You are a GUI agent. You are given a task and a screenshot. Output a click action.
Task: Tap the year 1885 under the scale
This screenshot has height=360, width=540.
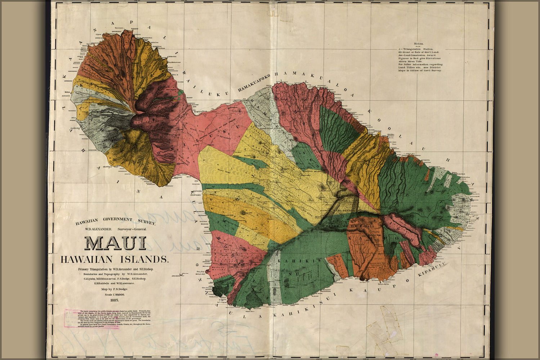[x=115, y=300]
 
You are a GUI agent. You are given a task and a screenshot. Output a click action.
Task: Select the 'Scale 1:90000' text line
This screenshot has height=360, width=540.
[x=115, y=294]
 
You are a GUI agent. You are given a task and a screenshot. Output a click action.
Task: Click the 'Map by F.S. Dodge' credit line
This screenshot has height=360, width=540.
[x=115, y=289]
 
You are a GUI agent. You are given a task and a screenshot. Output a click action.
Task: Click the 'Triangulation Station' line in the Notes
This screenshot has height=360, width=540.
[x=418, y=49]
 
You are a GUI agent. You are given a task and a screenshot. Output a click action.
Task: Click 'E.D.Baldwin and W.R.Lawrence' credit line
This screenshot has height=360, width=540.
[x=115, y=283]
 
